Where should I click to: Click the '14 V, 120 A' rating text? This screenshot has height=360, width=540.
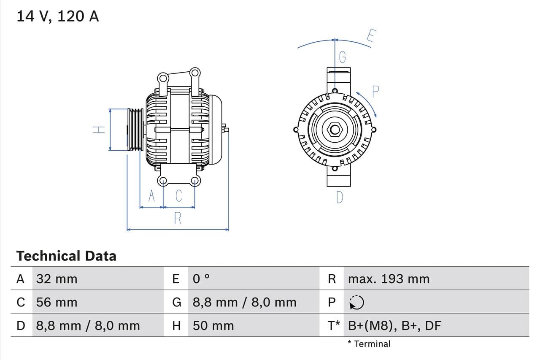[x=57, y=16]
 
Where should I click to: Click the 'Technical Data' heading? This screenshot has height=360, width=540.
[x=66, y=256]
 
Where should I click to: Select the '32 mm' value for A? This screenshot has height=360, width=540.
[x=57, y=279]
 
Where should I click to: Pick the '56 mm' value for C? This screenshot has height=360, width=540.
[x=57, y=302]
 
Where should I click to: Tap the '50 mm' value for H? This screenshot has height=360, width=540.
[x=213, y=325]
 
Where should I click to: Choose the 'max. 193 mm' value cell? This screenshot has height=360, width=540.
[x=389, y=279]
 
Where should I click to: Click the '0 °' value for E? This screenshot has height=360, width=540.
[x=201, y=279]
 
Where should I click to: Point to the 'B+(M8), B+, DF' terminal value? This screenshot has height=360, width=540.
[x=394, y=325]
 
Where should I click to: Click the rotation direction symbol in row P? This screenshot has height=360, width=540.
[x=356, y=302]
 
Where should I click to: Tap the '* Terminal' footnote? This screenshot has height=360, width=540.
[x=369, y=344]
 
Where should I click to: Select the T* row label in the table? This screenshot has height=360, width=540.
[x=334, y=325]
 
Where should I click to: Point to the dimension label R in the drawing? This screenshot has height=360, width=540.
[x=178, y=218]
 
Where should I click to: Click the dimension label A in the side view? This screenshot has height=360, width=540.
[x=152, y=196]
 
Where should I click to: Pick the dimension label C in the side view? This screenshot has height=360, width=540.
[x=179, y=196]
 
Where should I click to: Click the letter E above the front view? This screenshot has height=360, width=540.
[x=370, y=36]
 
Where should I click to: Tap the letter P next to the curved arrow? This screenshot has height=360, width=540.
[x=375, y=91]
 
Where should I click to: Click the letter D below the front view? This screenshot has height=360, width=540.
[x=340, y=198]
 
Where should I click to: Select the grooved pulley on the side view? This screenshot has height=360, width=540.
[x=135, y=130]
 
